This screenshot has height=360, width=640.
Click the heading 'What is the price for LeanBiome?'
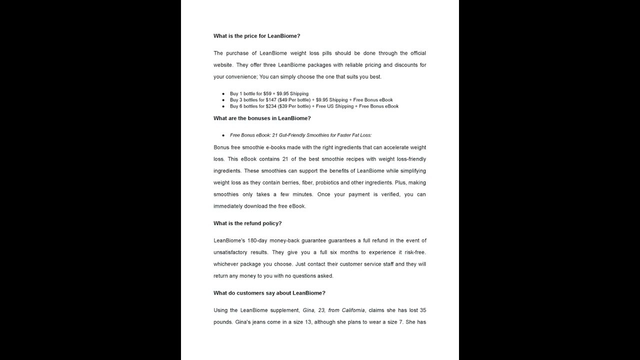[256, 36]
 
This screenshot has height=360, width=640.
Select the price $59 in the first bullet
[267, 93]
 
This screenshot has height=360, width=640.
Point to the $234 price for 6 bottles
[271, 106]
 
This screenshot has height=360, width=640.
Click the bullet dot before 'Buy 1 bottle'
[223, 93]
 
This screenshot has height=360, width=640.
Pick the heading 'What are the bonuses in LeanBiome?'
[262, 118]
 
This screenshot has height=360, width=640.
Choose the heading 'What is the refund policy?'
[247, 223]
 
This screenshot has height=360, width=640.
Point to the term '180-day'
[256, 240]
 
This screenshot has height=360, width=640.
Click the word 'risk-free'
[415, 252]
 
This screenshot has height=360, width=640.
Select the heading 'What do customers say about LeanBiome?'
[269, 293]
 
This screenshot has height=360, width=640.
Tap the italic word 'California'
[353, 310]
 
